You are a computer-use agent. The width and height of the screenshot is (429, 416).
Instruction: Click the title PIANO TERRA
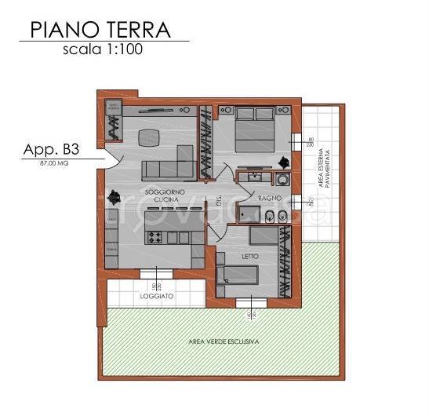pyautogui.click(x=101, y=30)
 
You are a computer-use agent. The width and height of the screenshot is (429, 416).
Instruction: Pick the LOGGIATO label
pyautogui.click(x=156, y=298)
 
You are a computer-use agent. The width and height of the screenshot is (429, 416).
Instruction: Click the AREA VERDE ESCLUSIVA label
pyautogui.click(x=224, y=342)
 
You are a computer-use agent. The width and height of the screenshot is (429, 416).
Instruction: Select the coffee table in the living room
pyautogui.click(x=148, y=138)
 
